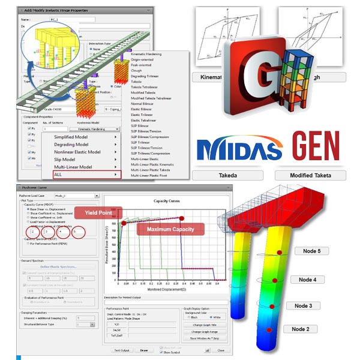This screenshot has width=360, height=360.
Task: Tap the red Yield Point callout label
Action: point(102,212)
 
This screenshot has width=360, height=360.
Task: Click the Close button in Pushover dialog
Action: point(221,350)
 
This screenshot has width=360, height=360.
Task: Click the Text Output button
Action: point(122,350)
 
